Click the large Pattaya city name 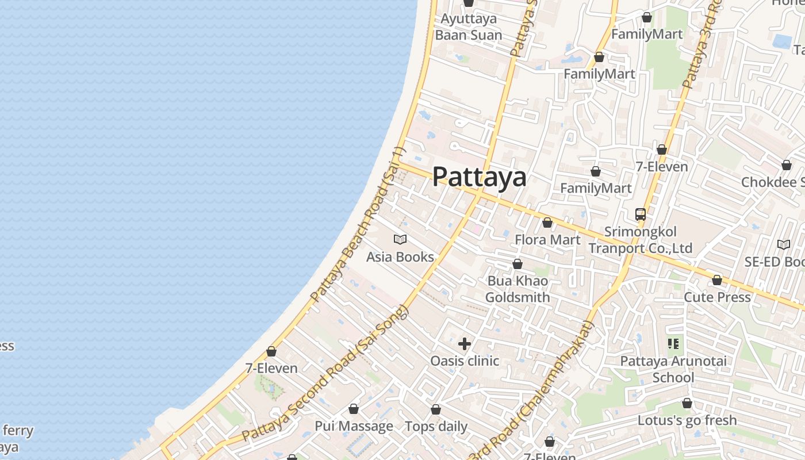tap(479, 177)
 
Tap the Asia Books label tap(400, 256)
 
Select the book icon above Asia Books tap(400, 239)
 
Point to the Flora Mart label tap(547, 239)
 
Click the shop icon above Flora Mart tap(547, 223)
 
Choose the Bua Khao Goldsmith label tap(517, 289)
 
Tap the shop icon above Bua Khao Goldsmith tap(517, 264)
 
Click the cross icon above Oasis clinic tap(465, 344)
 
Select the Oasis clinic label tap(465, 361)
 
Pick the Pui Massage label tap(354, 426)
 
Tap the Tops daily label tap(436, 427)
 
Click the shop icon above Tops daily tap(436, 410)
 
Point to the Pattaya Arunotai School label tap(673, 369)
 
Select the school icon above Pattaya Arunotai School tap(673, 344)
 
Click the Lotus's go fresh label tap(687, 420)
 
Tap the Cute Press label tap(717, 297)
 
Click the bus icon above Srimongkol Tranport tap(641, 214)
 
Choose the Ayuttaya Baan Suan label tap(469, 27)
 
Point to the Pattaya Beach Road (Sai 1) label tap(358, 225)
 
